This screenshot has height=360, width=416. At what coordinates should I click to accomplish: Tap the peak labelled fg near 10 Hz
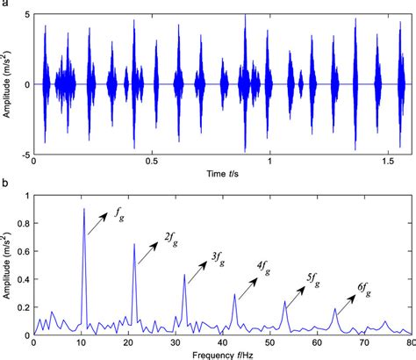pyautogui.click(x=84, y=210)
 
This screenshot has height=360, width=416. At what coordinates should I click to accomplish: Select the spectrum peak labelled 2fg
pyautogui.click(x=134, y=244)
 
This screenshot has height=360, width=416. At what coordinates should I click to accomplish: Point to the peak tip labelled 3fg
pyautogui.click(x=184, y=275)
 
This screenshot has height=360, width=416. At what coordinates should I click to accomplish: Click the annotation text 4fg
pyautogui.click(x=264, y=266)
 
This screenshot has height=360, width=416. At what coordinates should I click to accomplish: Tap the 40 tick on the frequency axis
pyautogui.click(x=224, y=341)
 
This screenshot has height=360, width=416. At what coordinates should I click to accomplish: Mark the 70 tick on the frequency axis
pyautogui.click(x=365, y=341)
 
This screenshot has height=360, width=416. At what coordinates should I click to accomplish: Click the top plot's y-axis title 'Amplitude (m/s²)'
pyautogui.click(x=7, y=85)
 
